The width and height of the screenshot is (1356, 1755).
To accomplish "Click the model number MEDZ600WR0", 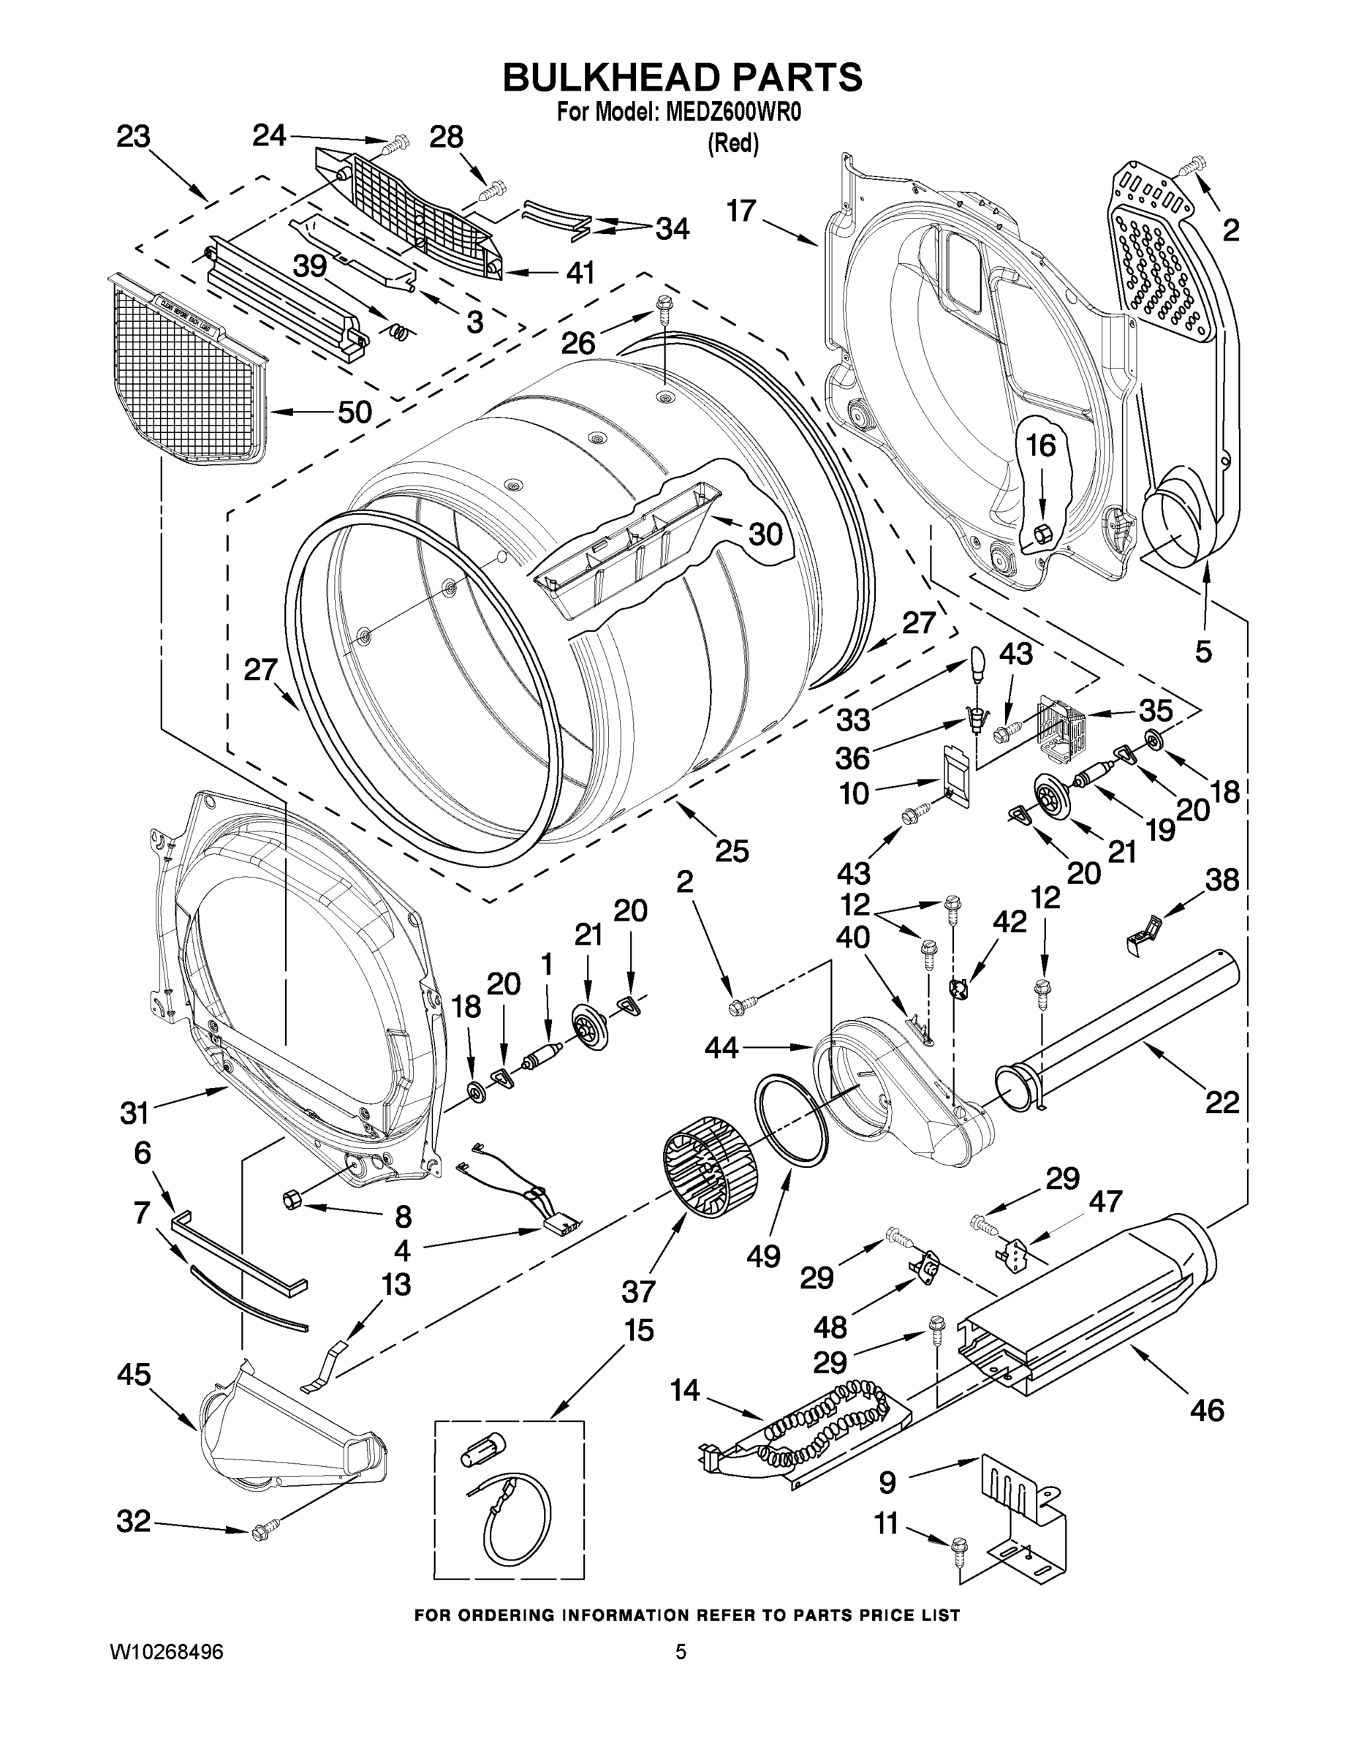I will pyautogui.click(x=733, y=113).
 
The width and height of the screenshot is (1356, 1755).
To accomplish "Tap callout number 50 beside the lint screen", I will pyautogui.click(x=354, y=412).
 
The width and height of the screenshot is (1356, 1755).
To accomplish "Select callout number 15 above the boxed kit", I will pyautogui.click(x=639, y=1330).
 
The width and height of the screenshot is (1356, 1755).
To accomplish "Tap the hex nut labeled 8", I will pyautogui.click(x=292, y=1199).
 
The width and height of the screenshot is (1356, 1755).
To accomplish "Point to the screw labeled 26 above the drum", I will pyautogui.click(x=664, y=306).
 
